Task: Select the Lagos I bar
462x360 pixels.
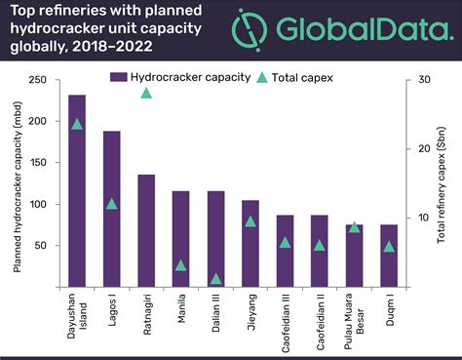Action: [111, 209]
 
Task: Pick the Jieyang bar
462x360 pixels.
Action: [250, 243]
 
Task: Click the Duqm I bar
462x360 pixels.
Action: [389, 256]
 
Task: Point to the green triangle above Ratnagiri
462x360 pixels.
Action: [146, 93]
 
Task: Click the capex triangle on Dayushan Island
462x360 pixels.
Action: [77, 124]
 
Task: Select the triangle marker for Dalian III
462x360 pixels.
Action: [215, 278]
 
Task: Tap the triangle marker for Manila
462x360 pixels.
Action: [181, 264]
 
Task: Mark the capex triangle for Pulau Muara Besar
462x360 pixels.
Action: [355, 226]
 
